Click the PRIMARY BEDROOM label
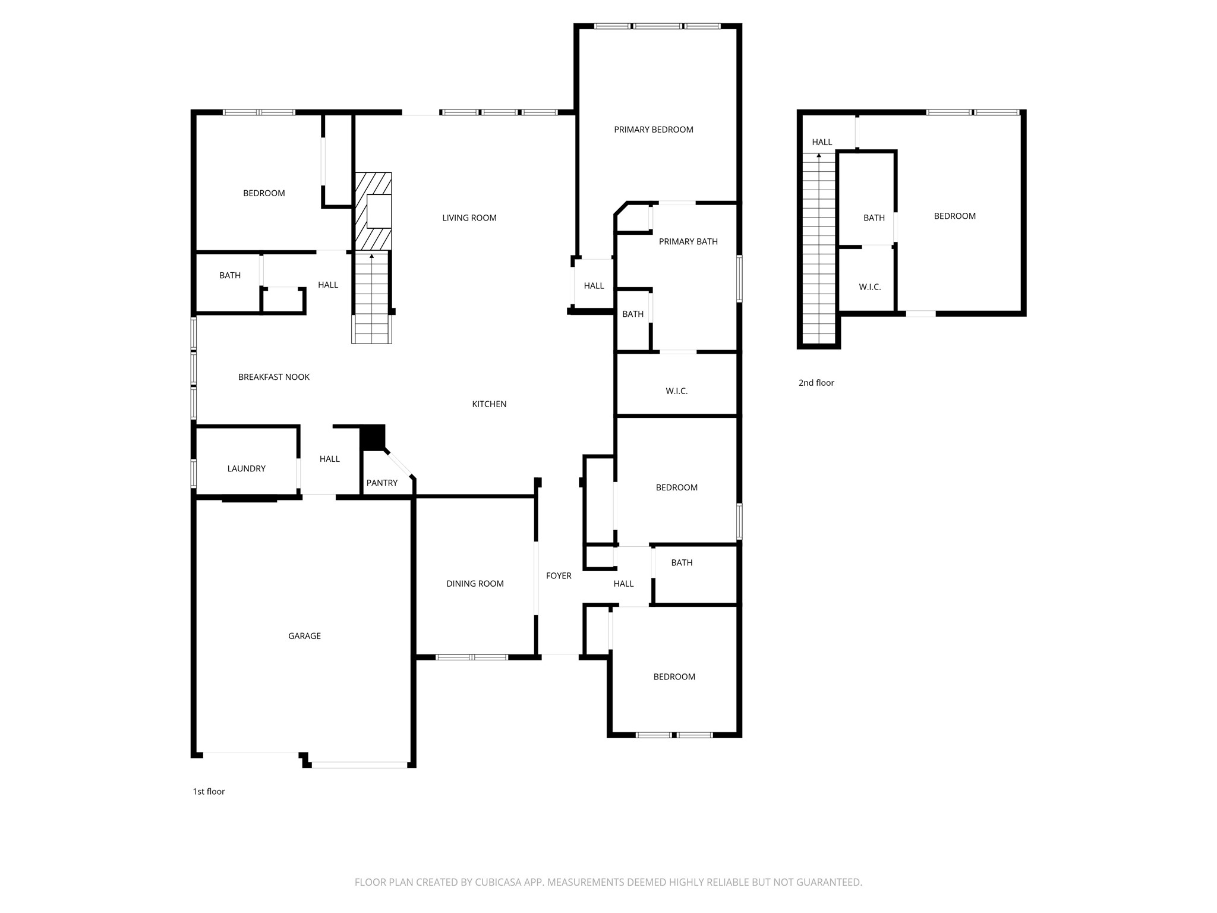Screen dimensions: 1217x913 (654, 130)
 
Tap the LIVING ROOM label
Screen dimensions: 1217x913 (469, 218)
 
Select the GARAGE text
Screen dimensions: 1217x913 (305, 636)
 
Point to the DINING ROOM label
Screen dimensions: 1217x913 (475, 584)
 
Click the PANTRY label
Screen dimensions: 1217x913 (382, 483)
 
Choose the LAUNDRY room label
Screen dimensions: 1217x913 (247, 468)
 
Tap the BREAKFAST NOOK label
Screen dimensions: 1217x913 (274, 377)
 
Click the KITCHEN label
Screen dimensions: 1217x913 (490, 404)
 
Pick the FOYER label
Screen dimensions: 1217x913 (559, 575)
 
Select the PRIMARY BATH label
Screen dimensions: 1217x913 (688, 241)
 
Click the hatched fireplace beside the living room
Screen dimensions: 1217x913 (373, 211)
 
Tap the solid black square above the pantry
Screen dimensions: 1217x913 (373, 437)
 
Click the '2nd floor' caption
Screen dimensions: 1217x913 (816, 383)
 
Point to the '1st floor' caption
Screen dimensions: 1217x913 (209, 791)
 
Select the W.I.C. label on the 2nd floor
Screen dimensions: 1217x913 (870, 287)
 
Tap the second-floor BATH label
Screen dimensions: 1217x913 (874, 218)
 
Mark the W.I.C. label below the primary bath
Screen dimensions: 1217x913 (677, 391)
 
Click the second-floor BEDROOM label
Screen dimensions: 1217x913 (955, 216)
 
